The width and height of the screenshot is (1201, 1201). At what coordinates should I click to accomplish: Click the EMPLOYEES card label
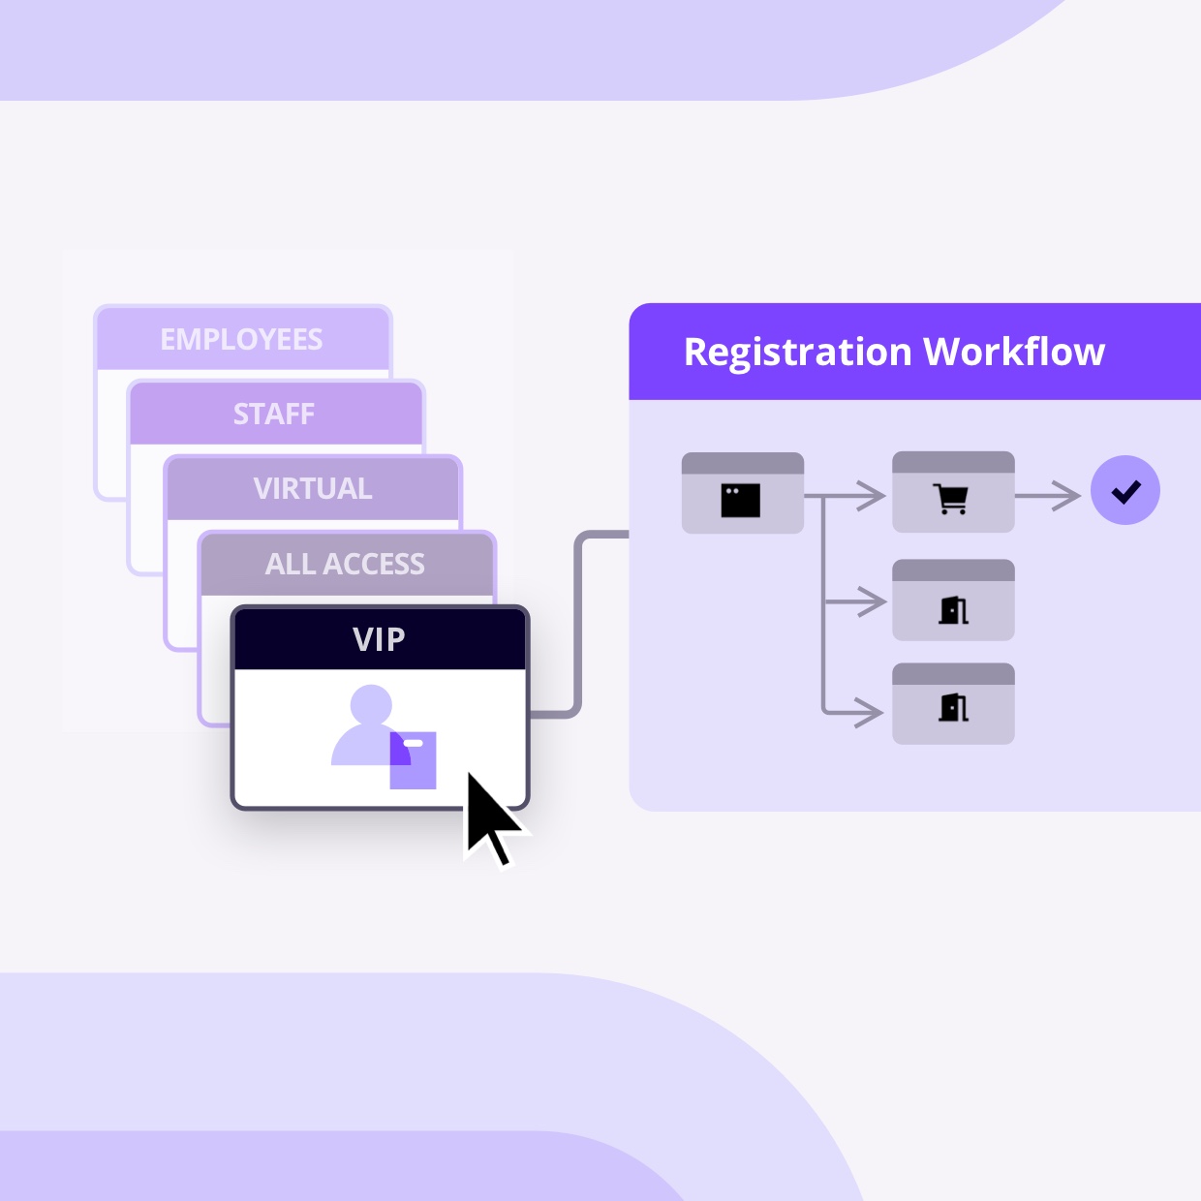[x=241, y=340]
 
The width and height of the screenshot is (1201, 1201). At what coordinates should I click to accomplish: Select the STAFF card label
[x=274, y=415]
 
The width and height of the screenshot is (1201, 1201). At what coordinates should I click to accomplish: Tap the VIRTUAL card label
[x=313, y=489]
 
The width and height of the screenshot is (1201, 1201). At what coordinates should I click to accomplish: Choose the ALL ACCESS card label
[x=345, y=564]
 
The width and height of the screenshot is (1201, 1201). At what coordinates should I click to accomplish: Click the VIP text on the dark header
[x=379, y=639]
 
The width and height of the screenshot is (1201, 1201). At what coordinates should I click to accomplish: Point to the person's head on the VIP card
[x=371, y=705]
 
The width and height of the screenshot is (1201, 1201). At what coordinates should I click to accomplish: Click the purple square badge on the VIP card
[x=414, y=761]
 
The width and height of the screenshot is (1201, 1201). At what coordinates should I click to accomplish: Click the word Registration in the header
[x=797, y=352]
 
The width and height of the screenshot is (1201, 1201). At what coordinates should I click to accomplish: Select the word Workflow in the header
[x=1014, y=352]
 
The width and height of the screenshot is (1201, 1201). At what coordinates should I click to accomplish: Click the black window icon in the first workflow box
[x=741, y=501]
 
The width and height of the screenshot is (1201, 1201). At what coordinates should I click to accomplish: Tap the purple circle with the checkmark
[x=1125, y=490]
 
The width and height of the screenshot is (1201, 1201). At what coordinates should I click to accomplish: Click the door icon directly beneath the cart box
[x=953, y=609]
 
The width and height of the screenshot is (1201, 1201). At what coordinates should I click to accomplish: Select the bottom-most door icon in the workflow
[x=953, y=708]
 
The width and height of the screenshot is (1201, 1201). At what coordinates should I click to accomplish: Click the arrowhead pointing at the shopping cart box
[x=873, y=497]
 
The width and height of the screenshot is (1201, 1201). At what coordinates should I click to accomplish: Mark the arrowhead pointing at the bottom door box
[x=871, y=713]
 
